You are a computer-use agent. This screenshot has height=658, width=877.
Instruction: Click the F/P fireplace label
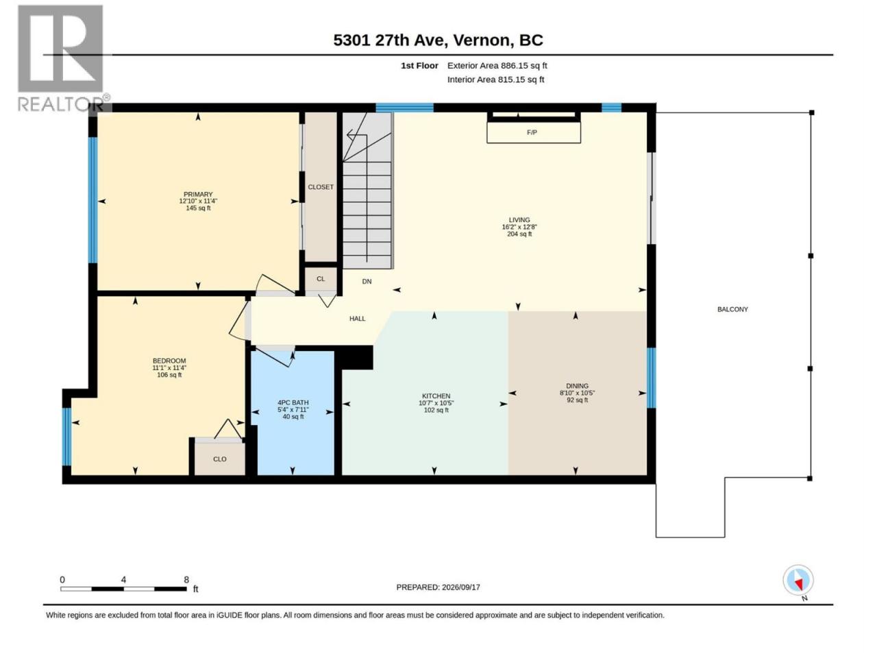coord(532,132)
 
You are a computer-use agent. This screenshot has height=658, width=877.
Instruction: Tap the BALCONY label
coord(732,309)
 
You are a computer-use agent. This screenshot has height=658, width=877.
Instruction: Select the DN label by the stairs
coord(367,281)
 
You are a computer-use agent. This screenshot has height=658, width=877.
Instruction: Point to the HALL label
coord(357,319)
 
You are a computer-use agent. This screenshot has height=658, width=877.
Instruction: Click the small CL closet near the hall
coord(321,279)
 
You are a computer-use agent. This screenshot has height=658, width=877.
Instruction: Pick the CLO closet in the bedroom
coord(220,459)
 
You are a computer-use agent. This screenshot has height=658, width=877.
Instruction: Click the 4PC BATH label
coord(293,403)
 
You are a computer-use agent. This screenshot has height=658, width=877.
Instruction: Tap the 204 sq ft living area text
coord(519,234)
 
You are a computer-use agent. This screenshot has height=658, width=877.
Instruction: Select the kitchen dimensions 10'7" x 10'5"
coord(436,403)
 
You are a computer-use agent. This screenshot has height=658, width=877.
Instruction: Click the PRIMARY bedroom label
coord(198,195)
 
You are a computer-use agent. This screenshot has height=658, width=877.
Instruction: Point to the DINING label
coord(577,386)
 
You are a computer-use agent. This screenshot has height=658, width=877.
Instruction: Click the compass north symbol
coord(798,581)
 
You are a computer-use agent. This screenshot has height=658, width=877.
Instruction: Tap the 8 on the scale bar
coord(186,580)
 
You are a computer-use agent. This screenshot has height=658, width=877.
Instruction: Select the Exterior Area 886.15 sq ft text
coord(497,66)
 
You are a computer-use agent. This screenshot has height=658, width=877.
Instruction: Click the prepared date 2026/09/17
coord(460,587)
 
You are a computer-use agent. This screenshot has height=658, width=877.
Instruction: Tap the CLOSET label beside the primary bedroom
coord(321,187)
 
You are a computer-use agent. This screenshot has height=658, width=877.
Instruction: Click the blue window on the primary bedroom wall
coord(92,200)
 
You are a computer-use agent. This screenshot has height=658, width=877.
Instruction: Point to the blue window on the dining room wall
coord(651,378)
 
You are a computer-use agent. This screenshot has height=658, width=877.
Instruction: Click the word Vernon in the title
coord(484,40)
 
